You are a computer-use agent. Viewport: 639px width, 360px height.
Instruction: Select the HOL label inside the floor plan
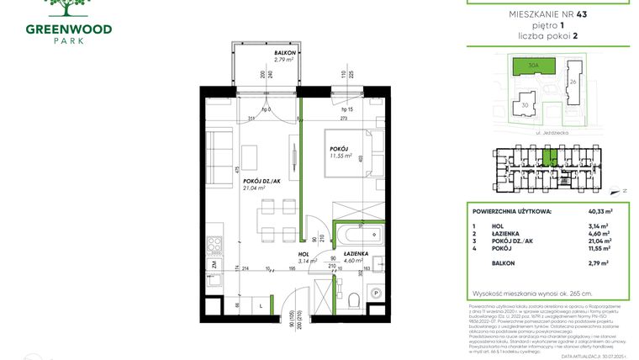(x=302, y=253)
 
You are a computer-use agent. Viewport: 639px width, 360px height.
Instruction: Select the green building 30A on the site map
(x=534, y=66)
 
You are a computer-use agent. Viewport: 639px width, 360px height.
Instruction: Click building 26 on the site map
(x=573, y=82)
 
